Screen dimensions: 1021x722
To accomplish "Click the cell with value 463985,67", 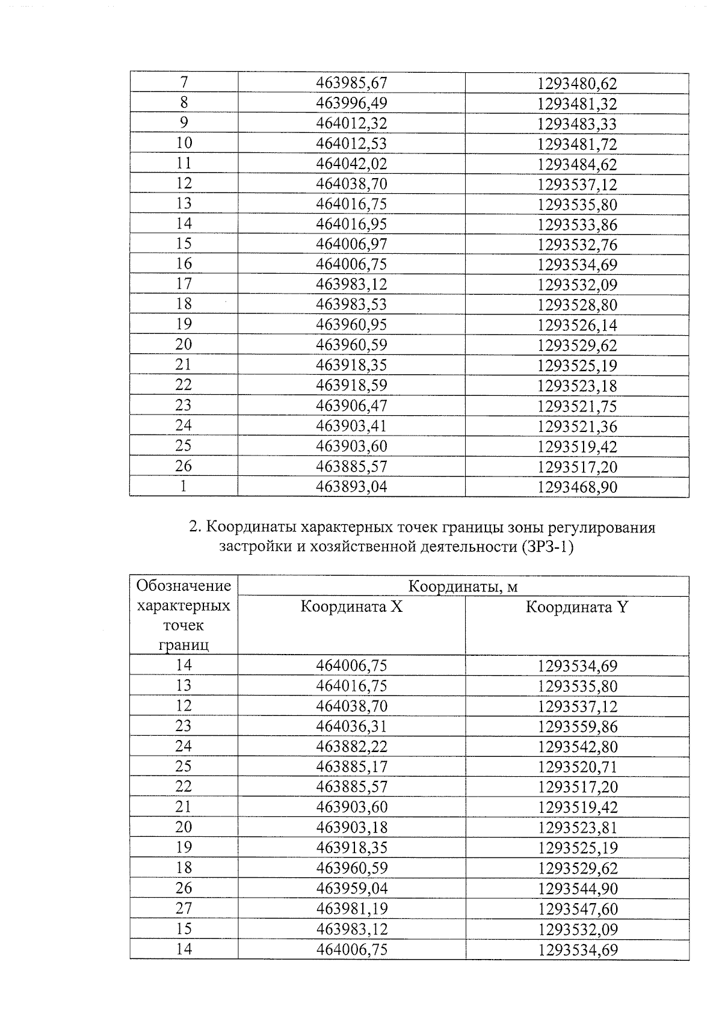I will (x=351, y=83).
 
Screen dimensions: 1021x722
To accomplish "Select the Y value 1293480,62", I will (x=577, y=84).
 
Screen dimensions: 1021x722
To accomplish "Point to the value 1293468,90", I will (x=577, y=487).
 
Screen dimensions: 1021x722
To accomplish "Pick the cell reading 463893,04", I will (x=351, y=486).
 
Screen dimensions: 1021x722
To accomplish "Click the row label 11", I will (x=184, y=164).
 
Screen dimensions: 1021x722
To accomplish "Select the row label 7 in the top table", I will (x=184, y=82).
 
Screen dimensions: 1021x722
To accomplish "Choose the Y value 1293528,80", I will (x=577, y=305).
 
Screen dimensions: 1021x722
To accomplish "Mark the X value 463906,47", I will (x=351, y=406).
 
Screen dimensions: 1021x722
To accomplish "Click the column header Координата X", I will (x=351, y=606).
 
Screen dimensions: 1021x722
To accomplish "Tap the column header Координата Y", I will (x=576, y=606).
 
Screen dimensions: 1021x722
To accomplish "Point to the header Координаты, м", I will (x=463, y=587).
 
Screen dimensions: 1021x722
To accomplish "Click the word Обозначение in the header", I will (x=184, y=585).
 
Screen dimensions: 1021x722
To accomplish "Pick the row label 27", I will (x=184, y=908).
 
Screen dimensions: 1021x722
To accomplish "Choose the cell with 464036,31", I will (x=351, y=726).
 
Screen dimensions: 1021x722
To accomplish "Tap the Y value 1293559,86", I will (x=577, y=727).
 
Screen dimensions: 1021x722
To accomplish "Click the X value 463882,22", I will (x=351, y=747).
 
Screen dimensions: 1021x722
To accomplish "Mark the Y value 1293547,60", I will (x=577, y=908).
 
